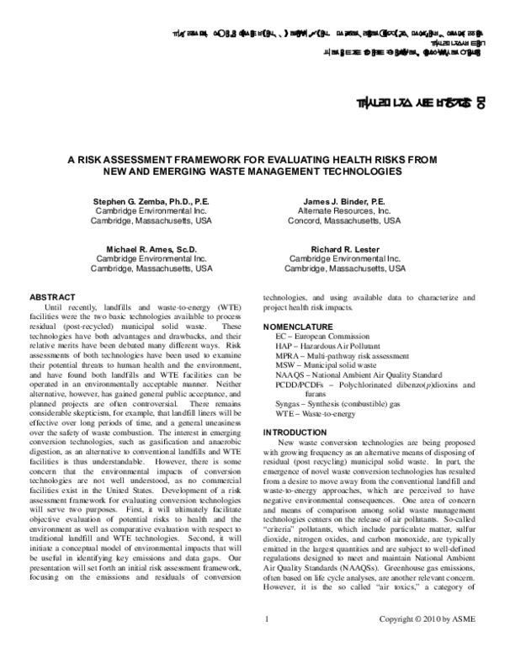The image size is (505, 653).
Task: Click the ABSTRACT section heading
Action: click(51, 297)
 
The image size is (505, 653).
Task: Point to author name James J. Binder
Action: click(344, 203)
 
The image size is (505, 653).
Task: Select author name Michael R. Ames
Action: click(151, 250)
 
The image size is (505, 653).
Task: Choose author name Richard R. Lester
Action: click(345, 250)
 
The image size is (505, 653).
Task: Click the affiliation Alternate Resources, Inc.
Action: click(344, 212)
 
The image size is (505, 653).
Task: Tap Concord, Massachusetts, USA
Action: click(344, 221)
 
